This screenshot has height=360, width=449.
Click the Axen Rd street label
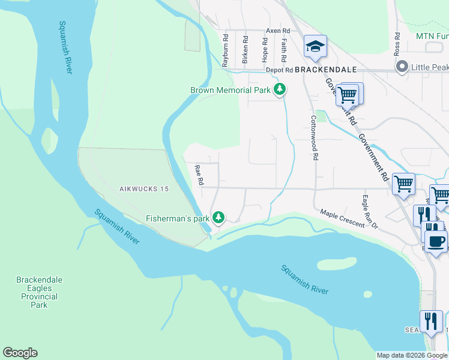point(278,30)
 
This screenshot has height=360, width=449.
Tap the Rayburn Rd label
point(226,49)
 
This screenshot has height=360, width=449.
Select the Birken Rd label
point(245,49)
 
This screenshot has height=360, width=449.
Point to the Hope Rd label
point(264,49)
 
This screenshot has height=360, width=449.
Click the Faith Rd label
point(283,49)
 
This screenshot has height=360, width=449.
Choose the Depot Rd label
point(279,70)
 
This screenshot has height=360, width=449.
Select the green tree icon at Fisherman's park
point(220,217)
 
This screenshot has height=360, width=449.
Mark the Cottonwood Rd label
point(315,139)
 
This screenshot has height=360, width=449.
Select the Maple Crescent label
point(342,218)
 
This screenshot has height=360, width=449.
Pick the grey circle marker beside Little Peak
point(402,68)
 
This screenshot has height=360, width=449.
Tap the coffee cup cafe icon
point(436,242)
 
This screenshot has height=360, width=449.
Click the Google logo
point(20,353)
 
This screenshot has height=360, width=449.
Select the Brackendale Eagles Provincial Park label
point(39,292)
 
